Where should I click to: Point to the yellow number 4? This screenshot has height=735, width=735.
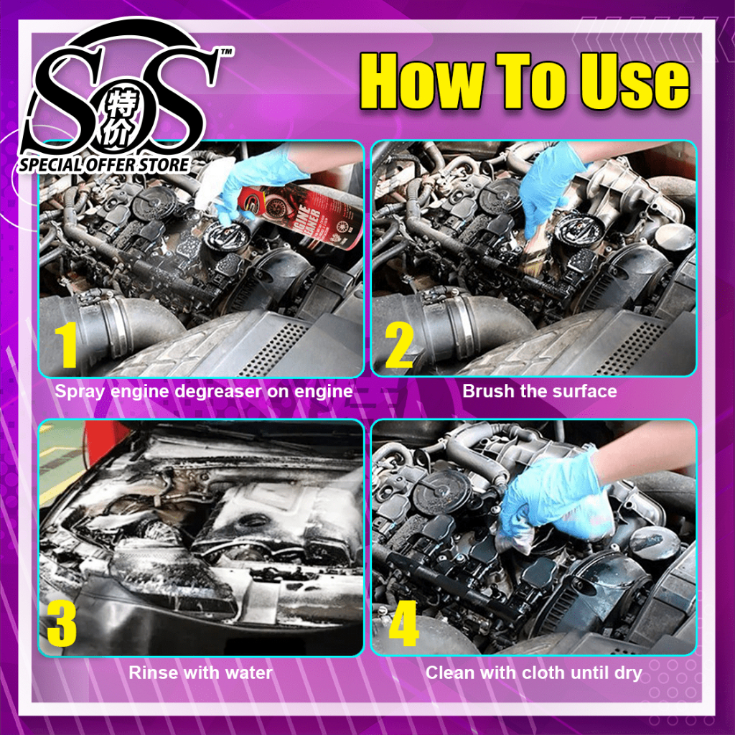[x=404, y=624]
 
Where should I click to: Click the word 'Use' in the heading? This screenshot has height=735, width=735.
[x=635, y=82]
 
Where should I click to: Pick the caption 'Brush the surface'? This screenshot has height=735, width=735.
[x=540, y=391]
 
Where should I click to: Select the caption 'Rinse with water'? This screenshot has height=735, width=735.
[x=200, y=673]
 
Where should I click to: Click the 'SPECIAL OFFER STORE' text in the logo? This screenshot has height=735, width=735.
[x=104, y=164]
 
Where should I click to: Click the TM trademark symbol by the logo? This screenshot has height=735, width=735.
[x=226, y=52]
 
